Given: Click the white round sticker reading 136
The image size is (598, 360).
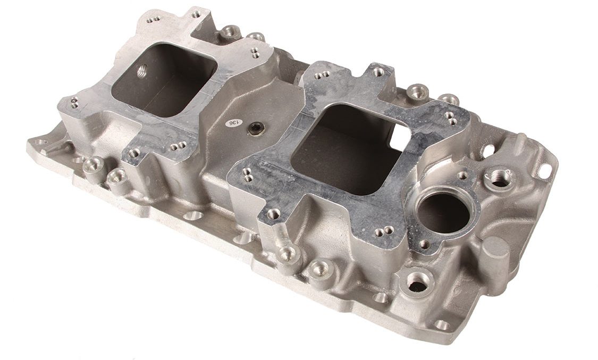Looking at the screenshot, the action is point(233,122).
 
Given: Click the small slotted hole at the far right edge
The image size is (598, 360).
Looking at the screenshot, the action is point(548,166).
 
